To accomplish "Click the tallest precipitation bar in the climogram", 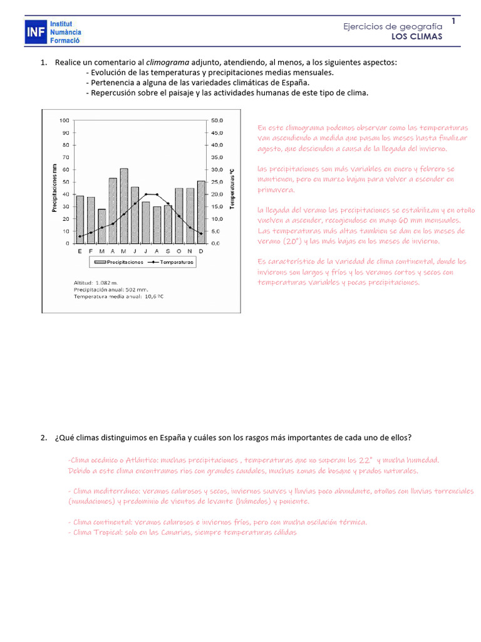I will [x=124, y=206].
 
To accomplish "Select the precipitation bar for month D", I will [x=201, y=212].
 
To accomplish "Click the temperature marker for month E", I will [x=80, y=236].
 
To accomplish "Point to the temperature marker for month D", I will [x=201, y=234].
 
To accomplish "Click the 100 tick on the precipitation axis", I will [x=65, y=120].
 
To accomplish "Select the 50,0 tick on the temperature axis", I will [x=217, y=120].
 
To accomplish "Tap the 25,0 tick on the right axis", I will [x=217, y=182].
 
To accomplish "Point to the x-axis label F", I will [x=91, y=251].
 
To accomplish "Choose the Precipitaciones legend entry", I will [x=123, y=262].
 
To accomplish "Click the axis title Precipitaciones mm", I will [x=54, y=188].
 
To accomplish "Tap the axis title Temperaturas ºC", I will [x=232, y=188].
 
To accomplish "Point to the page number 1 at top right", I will [x=453, y=22].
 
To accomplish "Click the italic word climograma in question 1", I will [x=165, y=63].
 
